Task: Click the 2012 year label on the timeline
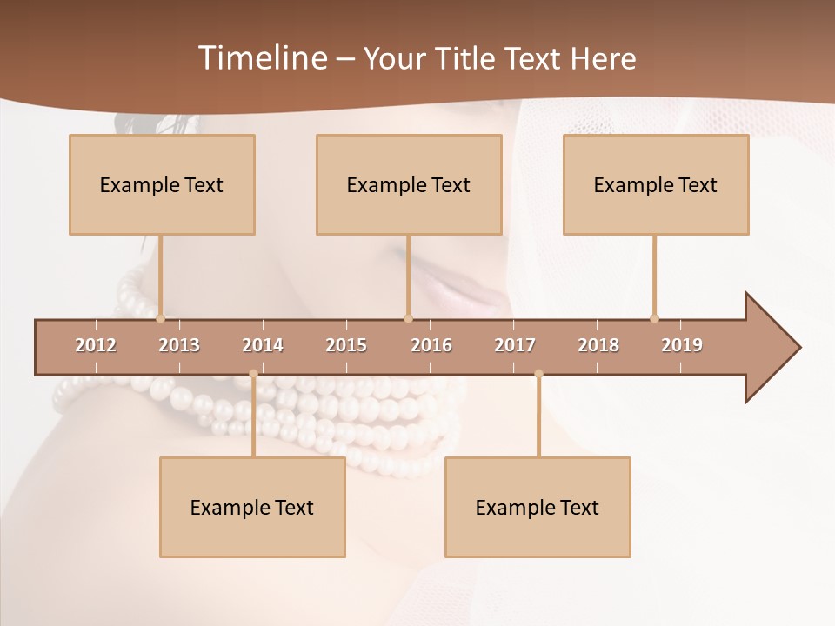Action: coord(96,345)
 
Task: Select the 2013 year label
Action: coord(179,345)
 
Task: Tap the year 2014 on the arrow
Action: coord(263,345)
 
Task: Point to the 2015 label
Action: coord(346,345)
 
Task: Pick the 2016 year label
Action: coord(431,345)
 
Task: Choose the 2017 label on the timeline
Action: coord(515,345)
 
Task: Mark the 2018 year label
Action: coord(598,345)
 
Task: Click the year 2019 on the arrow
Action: coord(682,345)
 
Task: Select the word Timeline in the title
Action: coord(261,58)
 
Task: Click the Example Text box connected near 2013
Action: coord(162,184)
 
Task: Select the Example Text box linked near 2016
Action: coord(409,184)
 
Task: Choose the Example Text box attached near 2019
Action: coord(656,184)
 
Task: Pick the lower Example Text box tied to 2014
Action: coord(252,507)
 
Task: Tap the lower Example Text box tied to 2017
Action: coord(538,507)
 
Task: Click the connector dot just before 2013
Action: coord(160,318)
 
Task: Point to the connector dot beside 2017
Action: coord(538,374)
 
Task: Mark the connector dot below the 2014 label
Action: coord(253,374)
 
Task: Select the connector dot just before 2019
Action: coord(654,318)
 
